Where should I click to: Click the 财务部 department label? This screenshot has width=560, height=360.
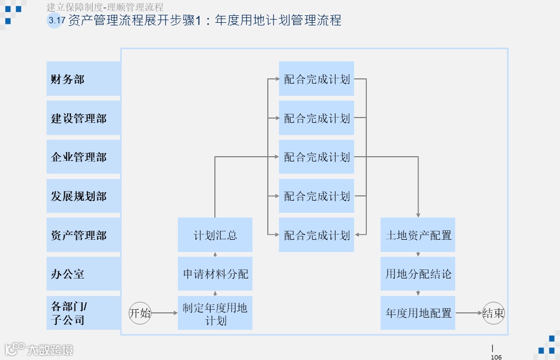pyautogui.click(x=83, y=79)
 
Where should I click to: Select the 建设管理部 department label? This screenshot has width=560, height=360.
pyautogui.click(x=83, y=118)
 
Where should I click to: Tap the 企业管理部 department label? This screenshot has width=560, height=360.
pyautogui.click(x=83, y=157)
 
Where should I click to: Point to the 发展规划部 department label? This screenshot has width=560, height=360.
pyautogui.click(x=83, y=196)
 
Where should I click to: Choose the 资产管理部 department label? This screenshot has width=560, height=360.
pyautogui.click(x=83, y=235)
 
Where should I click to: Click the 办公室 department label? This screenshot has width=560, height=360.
pyautogui.click(x=83, y=274)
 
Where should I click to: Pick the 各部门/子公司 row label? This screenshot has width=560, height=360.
pyautogui.click(x=83, y=313)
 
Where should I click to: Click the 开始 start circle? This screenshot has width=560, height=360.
pyautogui.click(x=140, y=313)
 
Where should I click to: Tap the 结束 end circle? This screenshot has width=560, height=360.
pyautogui.click(x=493, y=313)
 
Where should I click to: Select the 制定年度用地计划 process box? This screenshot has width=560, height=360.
pyautogui.click(x=215, y=313)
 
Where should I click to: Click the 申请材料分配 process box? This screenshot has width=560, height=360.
pyautogui.click(x=215, y=274)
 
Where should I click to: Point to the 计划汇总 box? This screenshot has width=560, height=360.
pyautogui.click(x=215, y=235)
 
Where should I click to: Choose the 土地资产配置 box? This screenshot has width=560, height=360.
pyautogui.click(x=418, y=235)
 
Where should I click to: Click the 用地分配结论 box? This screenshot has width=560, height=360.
pyautogui.click(x=418, y=274)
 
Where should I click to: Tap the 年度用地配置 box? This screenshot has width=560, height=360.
pyautogui.click(x=418, y=313)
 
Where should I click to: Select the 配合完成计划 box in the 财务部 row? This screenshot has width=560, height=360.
pyautogui.click(x=317, y=79)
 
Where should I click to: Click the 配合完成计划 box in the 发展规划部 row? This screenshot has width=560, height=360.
pyautogui.click(x=317, y=196)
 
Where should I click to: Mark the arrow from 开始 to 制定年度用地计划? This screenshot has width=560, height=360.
pyautogui.click(x=165, y=313)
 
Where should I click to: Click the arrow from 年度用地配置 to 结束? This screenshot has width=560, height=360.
pyautogui.click(x=468, y=313)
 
